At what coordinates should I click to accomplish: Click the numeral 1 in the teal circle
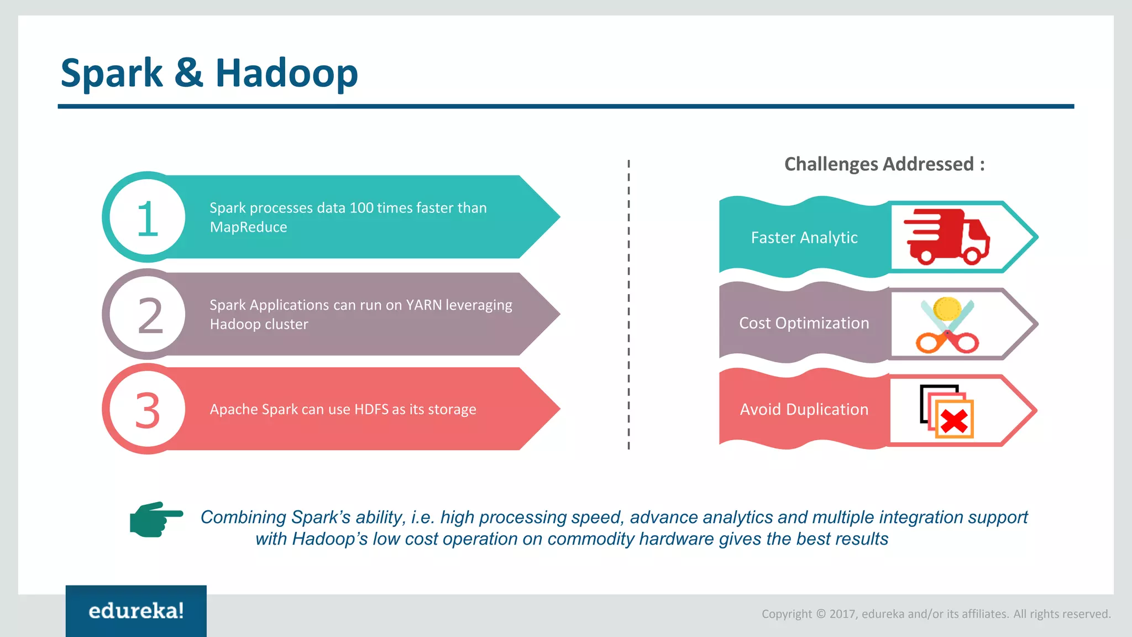(147, 219)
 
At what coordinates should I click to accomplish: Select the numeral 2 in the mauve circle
(150, 316)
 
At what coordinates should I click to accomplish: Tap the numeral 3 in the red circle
(148, 411)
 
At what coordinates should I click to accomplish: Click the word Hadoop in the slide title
(286, 74)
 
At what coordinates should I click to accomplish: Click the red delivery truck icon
(946, 237)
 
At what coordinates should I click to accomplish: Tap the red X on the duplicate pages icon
(954, 422)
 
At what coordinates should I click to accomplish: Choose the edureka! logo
(136, 611)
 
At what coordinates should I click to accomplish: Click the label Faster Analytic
(804, 238)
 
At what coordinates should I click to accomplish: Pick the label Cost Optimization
(804, 323)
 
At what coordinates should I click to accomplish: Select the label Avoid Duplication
(804, 410)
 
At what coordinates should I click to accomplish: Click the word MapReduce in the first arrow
(248, 227)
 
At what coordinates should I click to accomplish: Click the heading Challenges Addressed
(884, 164)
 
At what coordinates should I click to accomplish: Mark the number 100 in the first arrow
(361, 208)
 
